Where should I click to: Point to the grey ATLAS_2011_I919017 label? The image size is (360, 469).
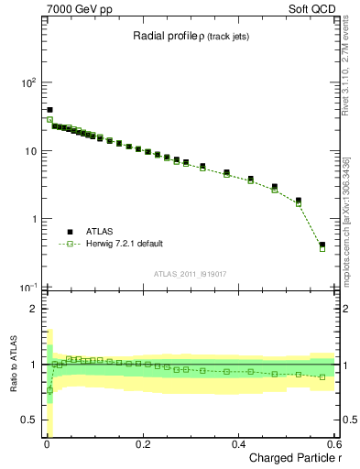(x=191, y=273)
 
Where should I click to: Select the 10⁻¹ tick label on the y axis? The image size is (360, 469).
(x=26, y=288)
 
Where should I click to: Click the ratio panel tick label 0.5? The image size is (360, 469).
(x=28, y=420)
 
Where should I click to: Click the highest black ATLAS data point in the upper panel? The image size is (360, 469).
(x=49, y=110)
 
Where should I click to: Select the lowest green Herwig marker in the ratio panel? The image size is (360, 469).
(x=49, y=390)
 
